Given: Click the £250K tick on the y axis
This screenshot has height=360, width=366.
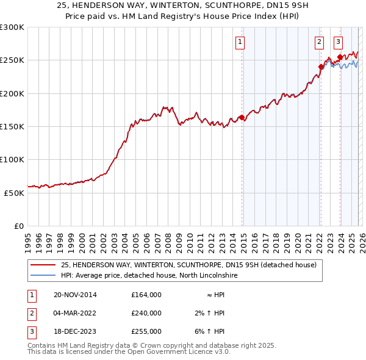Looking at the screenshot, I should tap(12, 60).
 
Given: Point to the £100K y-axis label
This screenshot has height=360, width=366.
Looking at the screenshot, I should tap(12, 159).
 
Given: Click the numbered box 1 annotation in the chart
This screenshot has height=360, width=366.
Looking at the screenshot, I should tap(240, 42).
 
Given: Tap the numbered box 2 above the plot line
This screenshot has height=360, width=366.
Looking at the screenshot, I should tap(319, 42).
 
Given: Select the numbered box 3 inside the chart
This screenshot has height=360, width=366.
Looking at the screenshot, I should tap(338, 42).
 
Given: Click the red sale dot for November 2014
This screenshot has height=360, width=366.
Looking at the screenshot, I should tap(242, 117).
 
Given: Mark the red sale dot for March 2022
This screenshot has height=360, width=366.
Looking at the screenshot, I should tap(321, 67).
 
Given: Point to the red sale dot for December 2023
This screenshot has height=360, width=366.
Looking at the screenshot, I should tap(340, 57).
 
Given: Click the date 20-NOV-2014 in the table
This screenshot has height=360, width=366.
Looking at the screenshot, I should tap(75, 295).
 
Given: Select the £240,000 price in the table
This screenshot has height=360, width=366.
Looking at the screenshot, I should tap(146, 313).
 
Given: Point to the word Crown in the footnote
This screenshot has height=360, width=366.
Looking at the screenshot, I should tap(152, 345).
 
